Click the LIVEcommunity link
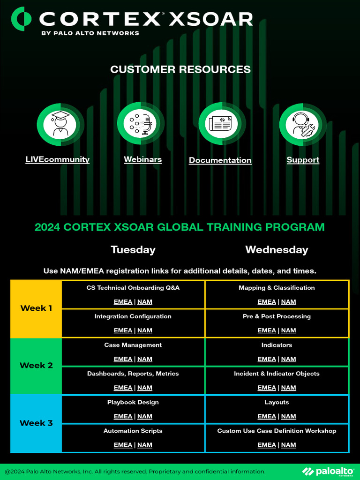[57, 159]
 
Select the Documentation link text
[220, 160]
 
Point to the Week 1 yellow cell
[36, 308]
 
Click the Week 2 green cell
[36, 366]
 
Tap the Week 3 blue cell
[36, 423]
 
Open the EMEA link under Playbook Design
[123, 416]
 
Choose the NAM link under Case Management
[145, 359]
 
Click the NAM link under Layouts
[289, 416]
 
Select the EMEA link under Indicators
[267, 359]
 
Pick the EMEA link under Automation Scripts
[123, 445]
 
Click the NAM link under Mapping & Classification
[289, 302]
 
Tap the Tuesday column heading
[133, 250]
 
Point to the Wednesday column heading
[277, 250]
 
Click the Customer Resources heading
[180, 69]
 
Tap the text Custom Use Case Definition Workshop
[277, 431]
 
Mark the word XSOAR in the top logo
[210, 19]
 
